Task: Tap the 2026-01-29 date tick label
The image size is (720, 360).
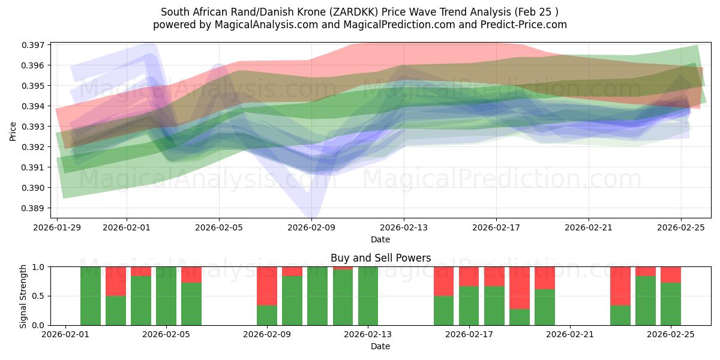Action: (58, 228)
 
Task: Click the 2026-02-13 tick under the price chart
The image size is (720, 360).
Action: (404, 228)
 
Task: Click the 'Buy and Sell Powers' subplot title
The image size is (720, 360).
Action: (380, 258)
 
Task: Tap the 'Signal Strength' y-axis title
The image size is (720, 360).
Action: (23, 296)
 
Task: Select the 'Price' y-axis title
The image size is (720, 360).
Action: (13, 131)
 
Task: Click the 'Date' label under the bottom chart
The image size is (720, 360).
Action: (380, 346)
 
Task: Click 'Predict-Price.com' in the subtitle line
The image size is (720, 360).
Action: (527, 25)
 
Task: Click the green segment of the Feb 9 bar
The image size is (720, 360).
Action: (266, 315)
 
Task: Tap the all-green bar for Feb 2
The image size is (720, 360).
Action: (91, 296)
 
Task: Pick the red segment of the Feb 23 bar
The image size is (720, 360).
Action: (620, 286)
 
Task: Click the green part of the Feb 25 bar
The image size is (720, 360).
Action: (671, 304)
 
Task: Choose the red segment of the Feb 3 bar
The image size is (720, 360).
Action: (116, 281)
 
